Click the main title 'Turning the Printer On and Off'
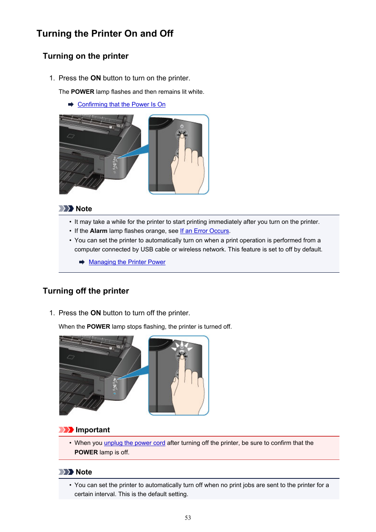pos(105,33)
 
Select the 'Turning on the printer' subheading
pos(86,56)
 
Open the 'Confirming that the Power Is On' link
pos(121,104)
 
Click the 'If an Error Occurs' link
pos(204,231)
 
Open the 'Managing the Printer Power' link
pos(127,262)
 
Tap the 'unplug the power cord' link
pos(134,443)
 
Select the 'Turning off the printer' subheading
pos(86,291)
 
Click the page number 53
pos(188,518)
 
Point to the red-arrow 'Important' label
pos(92,430)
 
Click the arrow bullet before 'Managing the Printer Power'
pos(82,262)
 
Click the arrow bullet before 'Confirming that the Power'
pos(71,104)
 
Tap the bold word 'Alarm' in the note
pos(99,231)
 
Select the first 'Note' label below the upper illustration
pos(84,209)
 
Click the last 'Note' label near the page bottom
pos(84,472)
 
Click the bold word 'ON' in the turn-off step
pos(95,313)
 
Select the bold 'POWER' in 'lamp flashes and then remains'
pos(82,92)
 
